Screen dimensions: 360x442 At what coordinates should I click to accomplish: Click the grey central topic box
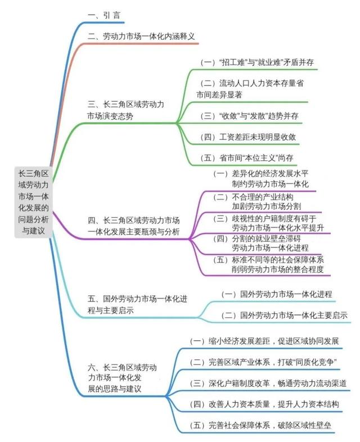33,202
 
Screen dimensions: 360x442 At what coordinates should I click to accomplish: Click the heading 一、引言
104,15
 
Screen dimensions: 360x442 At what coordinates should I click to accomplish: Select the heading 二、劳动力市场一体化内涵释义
141,36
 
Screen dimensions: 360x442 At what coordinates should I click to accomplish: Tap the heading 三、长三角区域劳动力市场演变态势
126,110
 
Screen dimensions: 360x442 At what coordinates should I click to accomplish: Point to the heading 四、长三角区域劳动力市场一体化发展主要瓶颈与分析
134,226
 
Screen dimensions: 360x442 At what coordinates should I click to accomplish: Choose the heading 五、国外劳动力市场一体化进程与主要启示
137,304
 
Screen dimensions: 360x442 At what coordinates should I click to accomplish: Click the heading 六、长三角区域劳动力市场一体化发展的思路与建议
122,378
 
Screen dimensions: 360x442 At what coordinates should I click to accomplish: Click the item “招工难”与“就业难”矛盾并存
257,62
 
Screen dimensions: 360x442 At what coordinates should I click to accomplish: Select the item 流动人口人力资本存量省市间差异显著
250,89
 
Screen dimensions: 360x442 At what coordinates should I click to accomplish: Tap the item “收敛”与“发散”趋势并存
249,116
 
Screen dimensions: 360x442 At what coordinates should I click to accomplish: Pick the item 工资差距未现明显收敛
248,137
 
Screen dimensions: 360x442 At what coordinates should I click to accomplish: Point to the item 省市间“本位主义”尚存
247,158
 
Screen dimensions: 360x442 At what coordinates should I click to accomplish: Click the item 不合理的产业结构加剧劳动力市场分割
257,201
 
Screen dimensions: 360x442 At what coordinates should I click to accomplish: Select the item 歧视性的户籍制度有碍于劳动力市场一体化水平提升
268,223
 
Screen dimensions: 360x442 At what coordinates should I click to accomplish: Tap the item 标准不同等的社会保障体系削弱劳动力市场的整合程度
268,264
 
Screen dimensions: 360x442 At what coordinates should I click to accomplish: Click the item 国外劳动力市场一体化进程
277,294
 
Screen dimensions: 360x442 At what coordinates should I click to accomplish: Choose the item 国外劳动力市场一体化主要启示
284,315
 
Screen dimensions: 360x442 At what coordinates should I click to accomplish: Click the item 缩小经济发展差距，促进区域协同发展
264,341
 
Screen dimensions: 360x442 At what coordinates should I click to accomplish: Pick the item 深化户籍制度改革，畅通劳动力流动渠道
268,384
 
